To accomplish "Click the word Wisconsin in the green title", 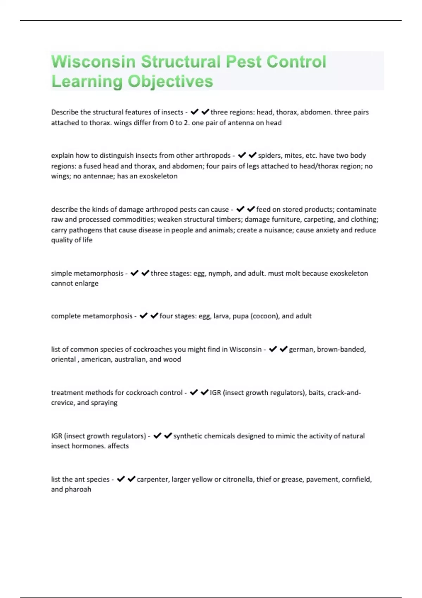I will (93, 62).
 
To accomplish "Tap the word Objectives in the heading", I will (170, 81).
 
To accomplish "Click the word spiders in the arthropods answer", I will (269, 155).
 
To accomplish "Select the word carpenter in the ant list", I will (152, 479).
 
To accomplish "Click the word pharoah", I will (78, 489).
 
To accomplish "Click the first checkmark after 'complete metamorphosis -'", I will (143, 316).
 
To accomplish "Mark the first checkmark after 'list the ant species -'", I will (121, 479).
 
